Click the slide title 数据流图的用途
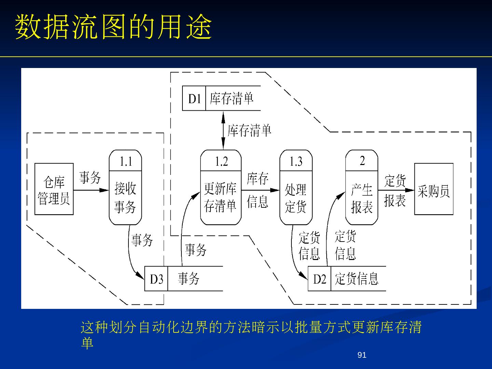point(113,27)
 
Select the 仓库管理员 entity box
point(54,189)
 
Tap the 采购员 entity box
point(434,189)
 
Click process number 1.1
point(125,161)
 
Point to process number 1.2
point(221,161)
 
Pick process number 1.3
point(296,161)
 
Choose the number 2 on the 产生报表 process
point(362,161)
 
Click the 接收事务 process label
point(125,197)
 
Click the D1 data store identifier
point(194,99)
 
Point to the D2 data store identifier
point(319,279)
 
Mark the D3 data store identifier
point(156,279)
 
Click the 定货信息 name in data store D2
point(356,279)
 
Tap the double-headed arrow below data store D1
point(223,130)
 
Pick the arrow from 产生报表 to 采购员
point(396,190)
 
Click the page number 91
point(361,355)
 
